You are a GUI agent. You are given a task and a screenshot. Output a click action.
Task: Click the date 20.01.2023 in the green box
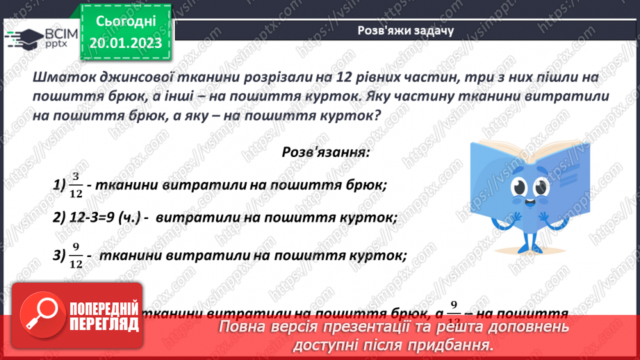pos(125,43)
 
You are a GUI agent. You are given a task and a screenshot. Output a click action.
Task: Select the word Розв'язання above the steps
pos(325,150)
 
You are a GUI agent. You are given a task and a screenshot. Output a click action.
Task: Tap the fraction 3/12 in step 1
pos(76,186)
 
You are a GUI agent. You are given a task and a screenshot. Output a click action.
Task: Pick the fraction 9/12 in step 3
pos(76,256)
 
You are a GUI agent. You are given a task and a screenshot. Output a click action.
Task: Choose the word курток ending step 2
pos(370,218)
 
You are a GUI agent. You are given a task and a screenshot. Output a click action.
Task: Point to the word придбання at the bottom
pos(453,345)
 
